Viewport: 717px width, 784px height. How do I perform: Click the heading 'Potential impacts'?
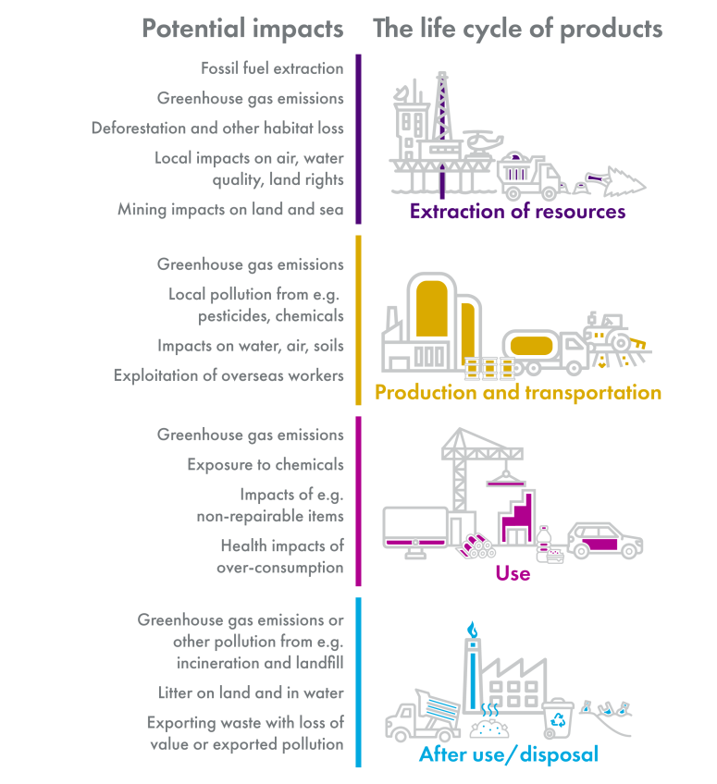(242, 29)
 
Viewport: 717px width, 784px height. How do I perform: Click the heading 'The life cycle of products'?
(517, 29)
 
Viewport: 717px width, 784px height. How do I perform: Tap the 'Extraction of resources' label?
(517, 212)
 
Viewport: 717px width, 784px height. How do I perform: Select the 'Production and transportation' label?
(517, 393)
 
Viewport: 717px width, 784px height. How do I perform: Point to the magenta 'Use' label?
(513, 573)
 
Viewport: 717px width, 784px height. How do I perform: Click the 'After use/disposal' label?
(509, 754)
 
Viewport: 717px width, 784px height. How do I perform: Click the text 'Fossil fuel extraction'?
(272, 68)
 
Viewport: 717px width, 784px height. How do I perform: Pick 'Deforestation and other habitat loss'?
(217, 129)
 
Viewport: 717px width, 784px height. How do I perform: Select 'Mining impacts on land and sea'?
(230, 210)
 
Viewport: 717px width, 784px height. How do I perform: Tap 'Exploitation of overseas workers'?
(229, 375)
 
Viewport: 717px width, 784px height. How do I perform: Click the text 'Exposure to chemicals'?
(266, 465)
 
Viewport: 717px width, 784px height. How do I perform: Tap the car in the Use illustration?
(605, 540)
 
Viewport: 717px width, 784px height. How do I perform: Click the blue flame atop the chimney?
(473, 630)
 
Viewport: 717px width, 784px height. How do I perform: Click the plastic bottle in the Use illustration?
(544, 542)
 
